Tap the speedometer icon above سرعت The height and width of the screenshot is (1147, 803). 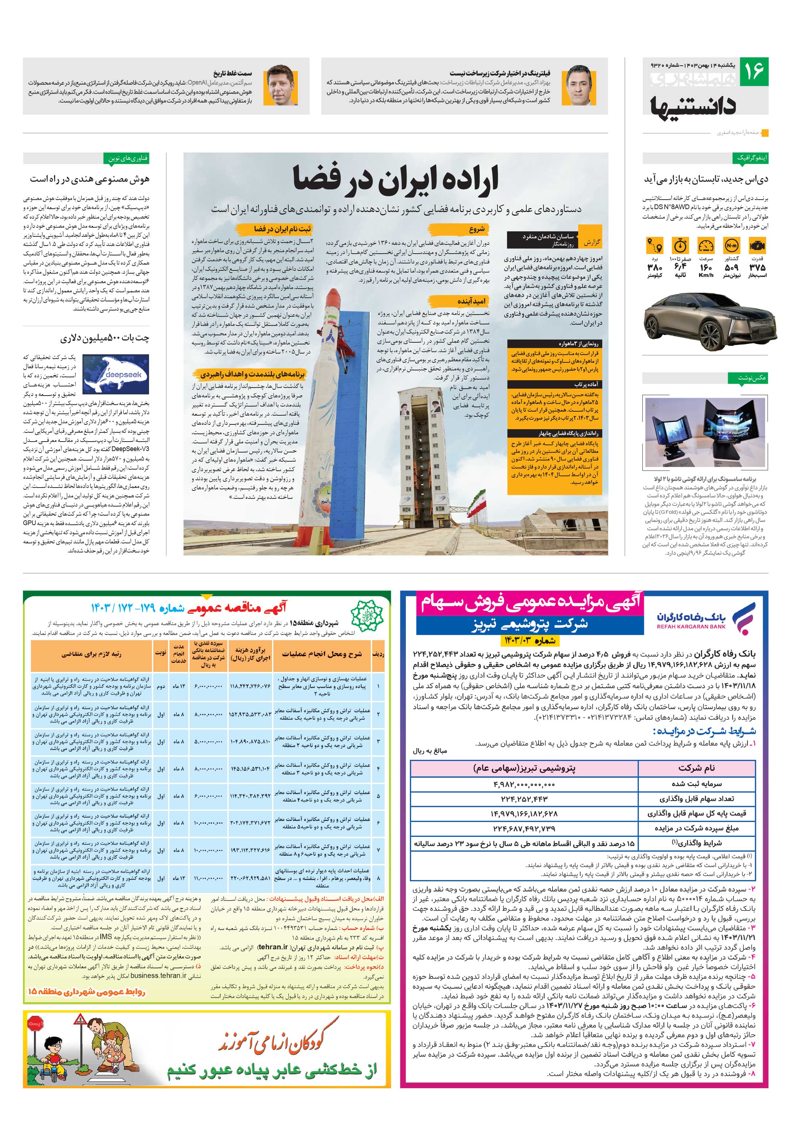tap(706, 246)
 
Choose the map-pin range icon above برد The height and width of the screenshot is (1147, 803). tap(654, 246)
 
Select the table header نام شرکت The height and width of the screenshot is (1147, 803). tap(696, 768)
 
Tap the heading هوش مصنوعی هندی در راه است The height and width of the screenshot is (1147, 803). tap(90, 178)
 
